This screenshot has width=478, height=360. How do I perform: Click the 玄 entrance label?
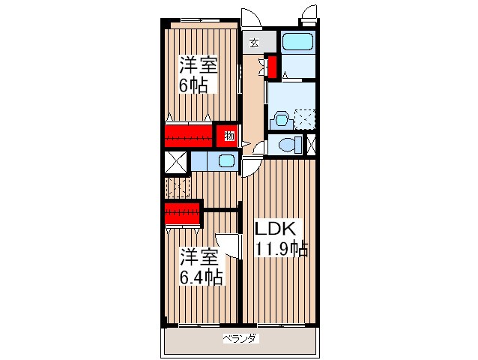[x=254, y=43]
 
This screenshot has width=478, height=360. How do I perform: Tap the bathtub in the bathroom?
[x=298, y=41]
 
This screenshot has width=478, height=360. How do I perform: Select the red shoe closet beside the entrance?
[x=272, y=67]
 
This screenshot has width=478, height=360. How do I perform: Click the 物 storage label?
[x=229, y=136]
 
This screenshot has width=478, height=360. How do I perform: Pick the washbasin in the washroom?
[x=281, y=119]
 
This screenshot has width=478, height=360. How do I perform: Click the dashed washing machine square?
[x=305, y=118]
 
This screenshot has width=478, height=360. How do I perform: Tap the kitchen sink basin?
[x=227, y=160]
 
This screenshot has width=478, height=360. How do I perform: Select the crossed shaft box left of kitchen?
[x=175, y=162]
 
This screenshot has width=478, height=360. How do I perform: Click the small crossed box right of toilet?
[x=311, y=144]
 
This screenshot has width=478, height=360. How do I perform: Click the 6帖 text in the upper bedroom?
[x=193, y=85]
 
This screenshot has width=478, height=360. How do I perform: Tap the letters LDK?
[x=275, y=229]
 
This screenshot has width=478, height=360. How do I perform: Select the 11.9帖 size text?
[x=282, y=249]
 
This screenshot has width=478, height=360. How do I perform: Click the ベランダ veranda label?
[x=240, y=339]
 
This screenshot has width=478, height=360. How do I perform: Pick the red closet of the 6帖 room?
[x=188, y=136]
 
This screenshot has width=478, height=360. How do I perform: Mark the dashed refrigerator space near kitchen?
[x=178, y=187]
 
